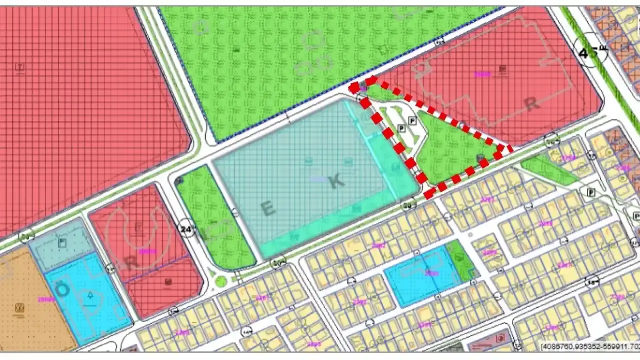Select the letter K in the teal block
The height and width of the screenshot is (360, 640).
(x=336, y=181)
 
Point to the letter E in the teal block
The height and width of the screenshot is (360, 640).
(x=268, y=208)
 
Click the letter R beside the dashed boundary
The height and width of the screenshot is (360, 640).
(x=532, y=104)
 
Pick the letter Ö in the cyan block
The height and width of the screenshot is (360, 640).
(x=62, y=290)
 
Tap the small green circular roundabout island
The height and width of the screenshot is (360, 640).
(x=221, y=282)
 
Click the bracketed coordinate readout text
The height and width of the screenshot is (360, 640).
(x=590, y=346)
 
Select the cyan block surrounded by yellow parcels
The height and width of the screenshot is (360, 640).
(x=422, y=276)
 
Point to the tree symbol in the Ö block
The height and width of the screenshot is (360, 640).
(x=90, y=296)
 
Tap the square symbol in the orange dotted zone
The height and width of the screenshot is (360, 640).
(x=20, y=307)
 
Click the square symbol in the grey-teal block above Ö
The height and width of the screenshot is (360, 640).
(x=62, y=243)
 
